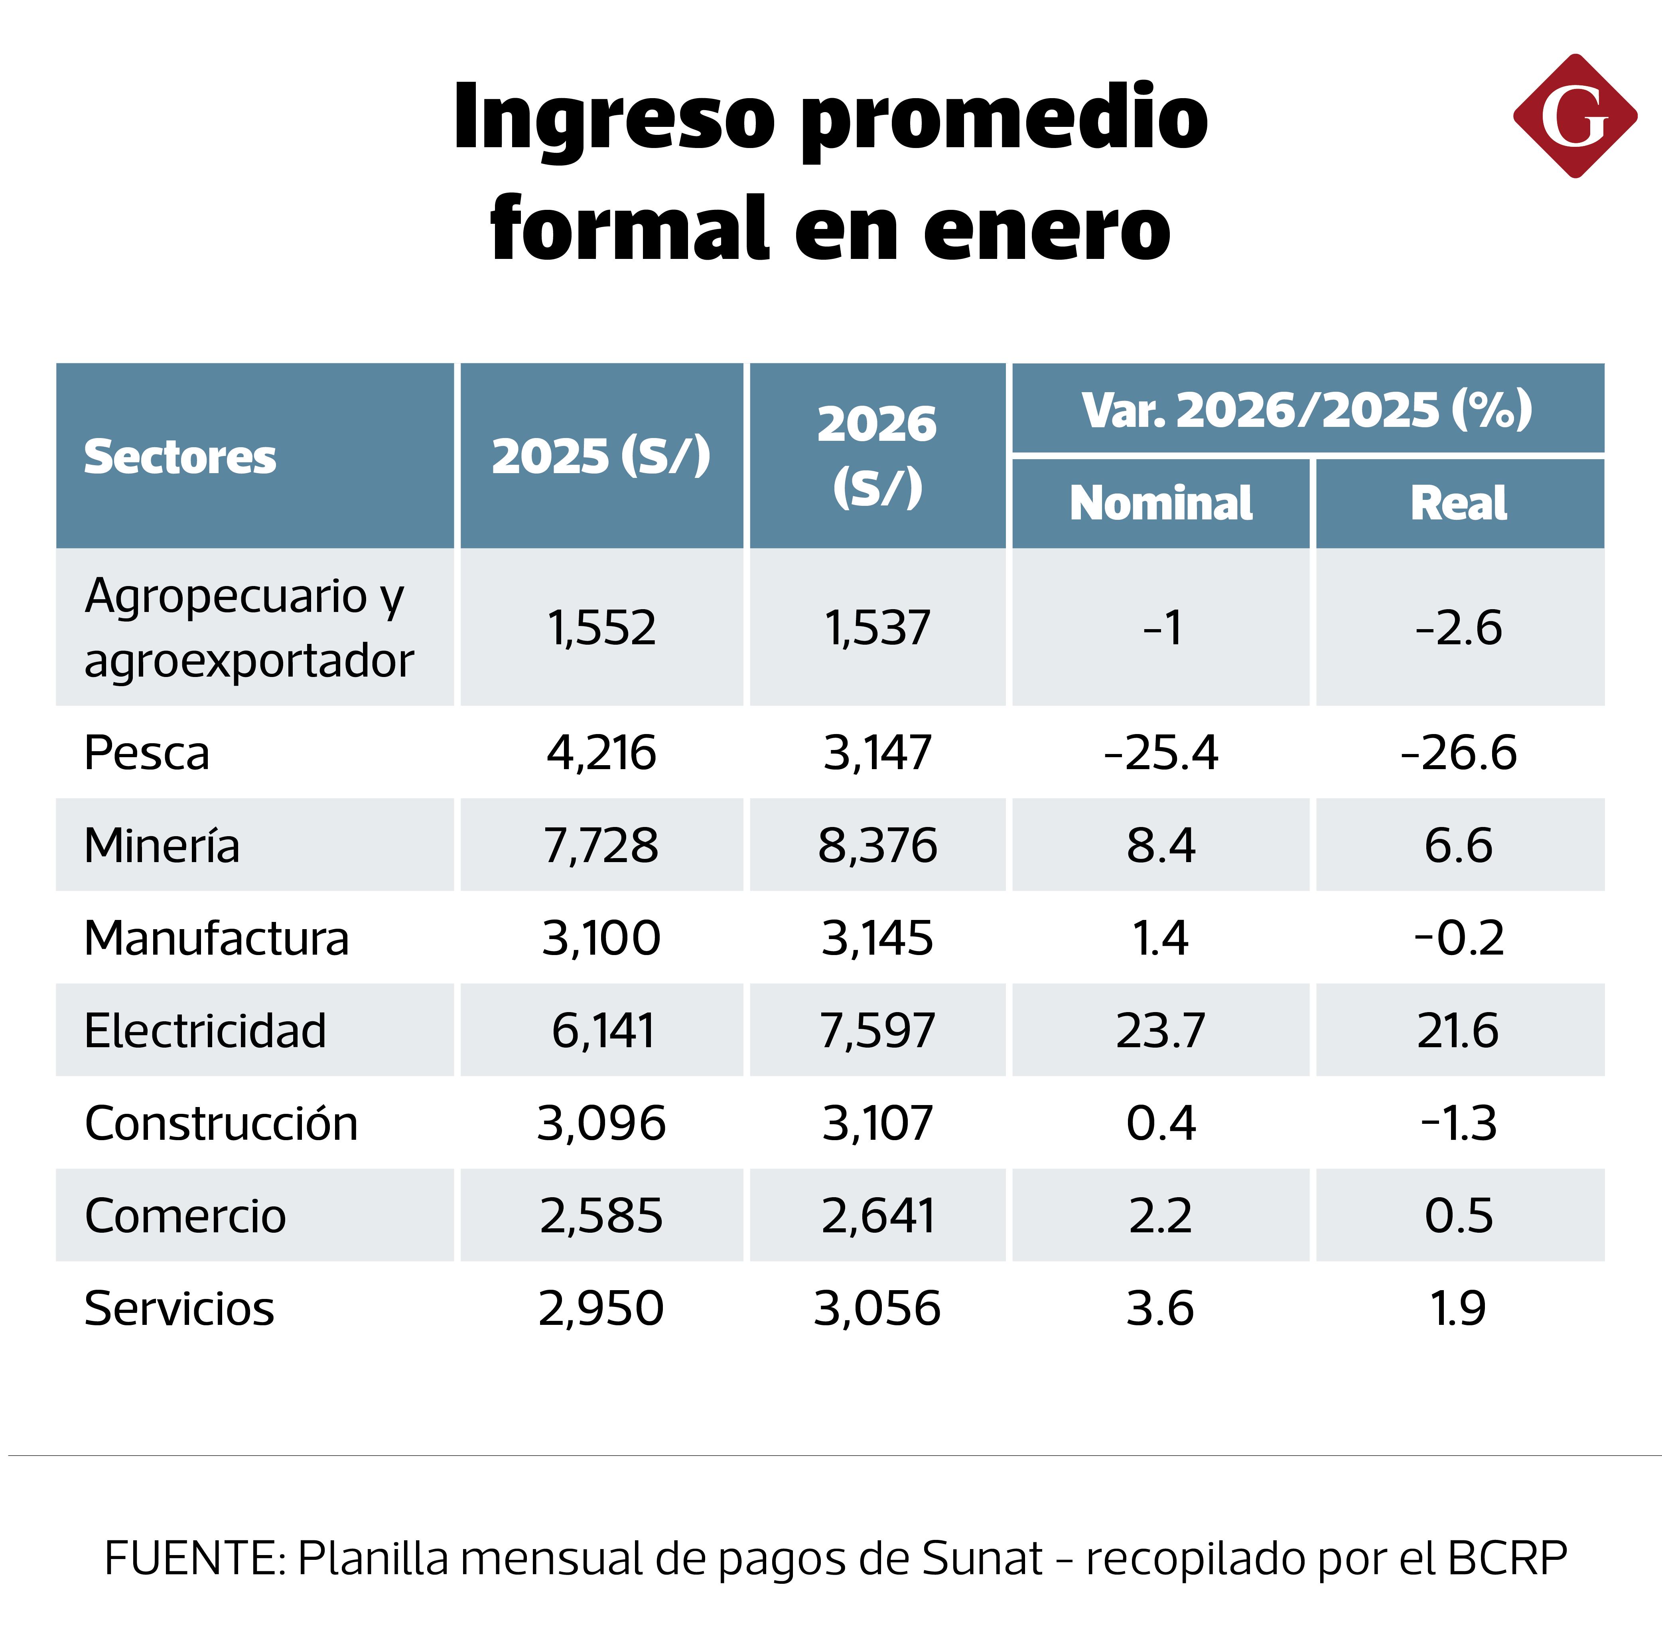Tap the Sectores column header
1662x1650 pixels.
180,457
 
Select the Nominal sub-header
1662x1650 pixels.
1161,503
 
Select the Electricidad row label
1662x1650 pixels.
205,1030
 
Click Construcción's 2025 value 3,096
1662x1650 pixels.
601,1123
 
